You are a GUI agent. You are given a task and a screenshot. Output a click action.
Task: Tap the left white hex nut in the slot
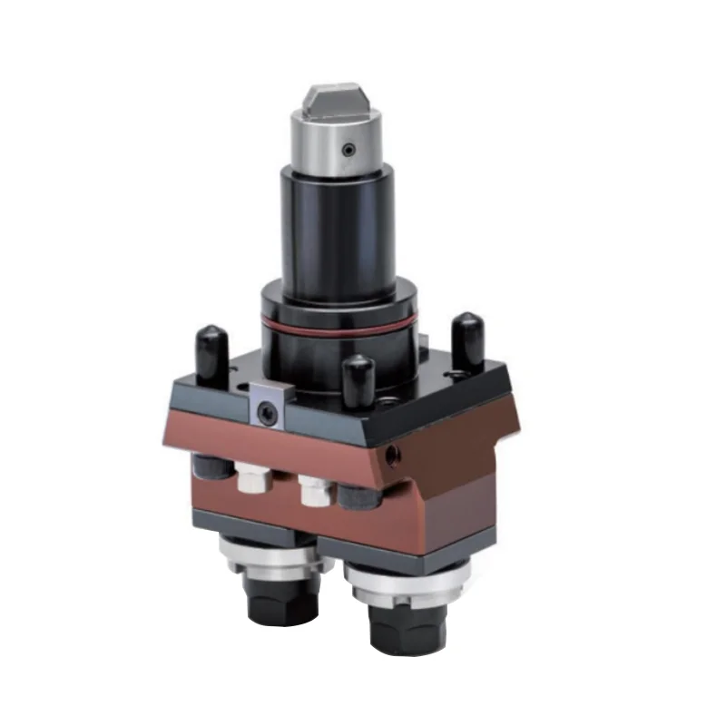249,479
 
